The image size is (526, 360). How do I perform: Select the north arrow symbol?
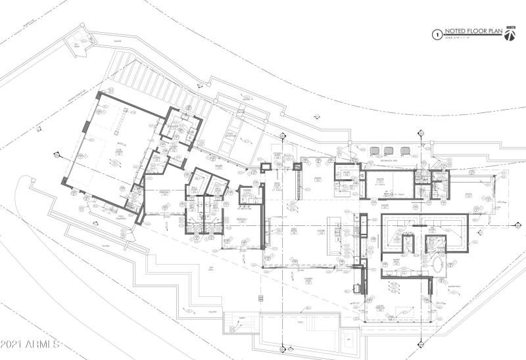510,35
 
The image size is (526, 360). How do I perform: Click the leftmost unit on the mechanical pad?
375,150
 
